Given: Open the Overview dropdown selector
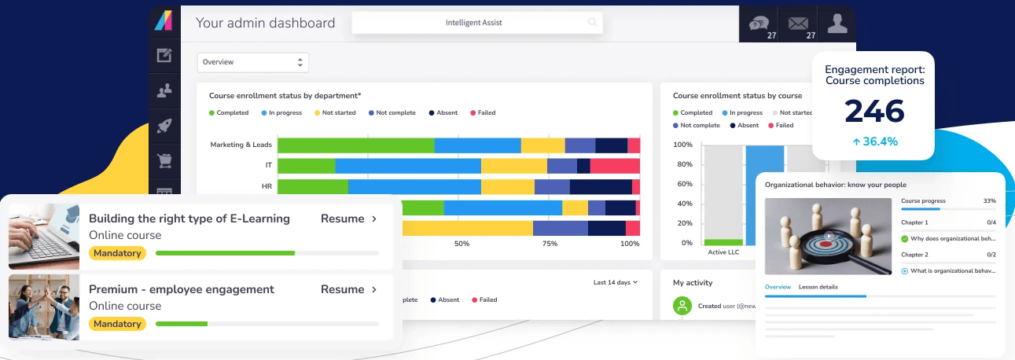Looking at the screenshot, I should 252,62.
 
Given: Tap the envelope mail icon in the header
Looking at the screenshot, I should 797,22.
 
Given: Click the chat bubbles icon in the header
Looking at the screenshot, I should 758,22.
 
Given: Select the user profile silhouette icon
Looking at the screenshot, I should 837,24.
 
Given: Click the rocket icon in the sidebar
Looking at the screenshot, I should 164,126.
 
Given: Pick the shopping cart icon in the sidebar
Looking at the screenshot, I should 164,160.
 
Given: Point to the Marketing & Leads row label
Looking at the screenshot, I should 241,145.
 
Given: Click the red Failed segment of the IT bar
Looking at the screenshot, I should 615,166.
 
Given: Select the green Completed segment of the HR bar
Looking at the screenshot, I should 313,186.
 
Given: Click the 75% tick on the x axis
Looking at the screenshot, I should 550,244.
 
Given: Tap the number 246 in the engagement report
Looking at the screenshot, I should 874,112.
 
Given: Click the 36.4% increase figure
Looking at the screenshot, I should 874,141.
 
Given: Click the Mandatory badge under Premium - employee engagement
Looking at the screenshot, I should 117,324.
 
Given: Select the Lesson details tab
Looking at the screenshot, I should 818,287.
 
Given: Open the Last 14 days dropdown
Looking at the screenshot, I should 616,282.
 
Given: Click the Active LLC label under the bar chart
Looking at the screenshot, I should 723,252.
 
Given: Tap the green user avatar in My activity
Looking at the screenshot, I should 682,306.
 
